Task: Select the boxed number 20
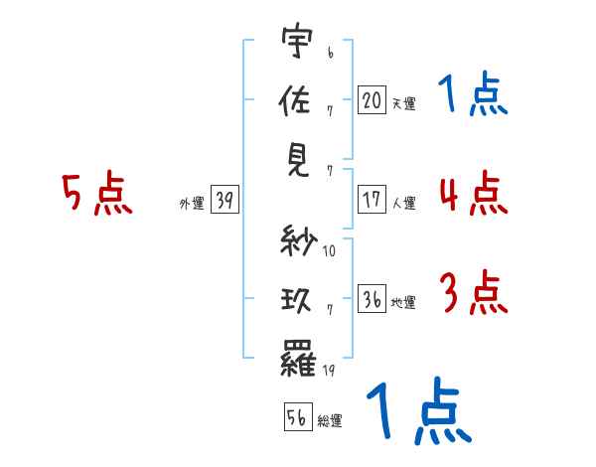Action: pos(372,99)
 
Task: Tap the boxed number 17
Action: pos(372,200)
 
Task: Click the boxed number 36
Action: pos(372,299)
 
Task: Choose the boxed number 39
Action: pos(223,201)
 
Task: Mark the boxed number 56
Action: pos(296,417)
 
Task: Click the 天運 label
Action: pos(403,102)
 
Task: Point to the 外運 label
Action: pos(192,204)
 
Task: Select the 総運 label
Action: pos(330,420)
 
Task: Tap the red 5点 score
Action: pos(97,195)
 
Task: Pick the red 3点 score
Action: pos(473,293)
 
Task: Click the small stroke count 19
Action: pos(329,371)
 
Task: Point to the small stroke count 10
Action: pos(329,251)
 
